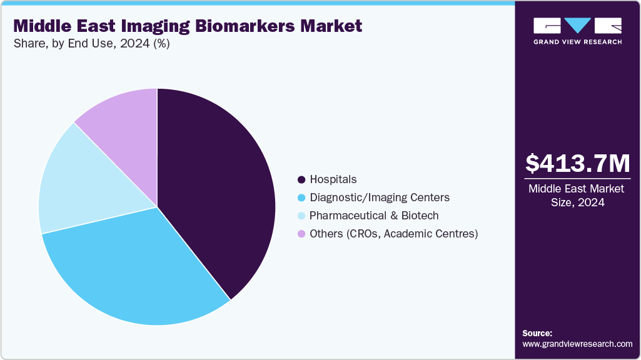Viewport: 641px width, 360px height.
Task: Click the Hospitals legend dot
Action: click(x=301, y=180)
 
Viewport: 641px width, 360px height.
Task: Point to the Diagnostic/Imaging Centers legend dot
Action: click(x=301, y=197)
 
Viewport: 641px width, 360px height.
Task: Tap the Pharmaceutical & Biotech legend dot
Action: click(x=301, y=216)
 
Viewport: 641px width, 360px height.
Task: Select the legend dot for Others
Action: click(x=301, y=234)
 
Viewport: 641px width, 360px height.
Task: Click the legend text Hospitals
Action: click(x=333, y=180)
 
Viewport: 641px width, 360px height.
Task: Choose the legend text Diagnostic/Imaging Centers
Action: click(x=380, y=197)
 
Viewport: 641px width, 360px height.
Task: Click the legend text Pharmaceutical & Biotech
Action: click(x=374, y=216)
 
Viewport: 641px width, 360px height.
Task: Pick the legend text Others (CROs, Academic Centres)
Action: click(x=394, y=234)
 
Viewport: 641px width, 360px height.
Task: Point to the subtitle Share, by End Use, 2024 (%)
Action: click(x=91, y=44)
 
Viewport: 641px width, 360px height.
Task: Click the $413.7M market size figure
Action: click(x=577, y=163)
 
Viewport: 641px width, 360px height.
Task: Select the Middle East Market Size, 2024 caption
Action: click(x=577, y=196)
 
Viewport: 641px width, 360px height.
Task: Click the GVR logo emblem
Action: click(x=577, y=26)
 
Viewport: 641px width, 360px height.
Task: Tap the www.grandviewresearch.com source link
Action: click(x=577, y=344)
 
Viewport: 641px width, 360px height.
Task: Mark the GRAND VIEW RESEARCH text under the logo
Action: click(x=577, y=42)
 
